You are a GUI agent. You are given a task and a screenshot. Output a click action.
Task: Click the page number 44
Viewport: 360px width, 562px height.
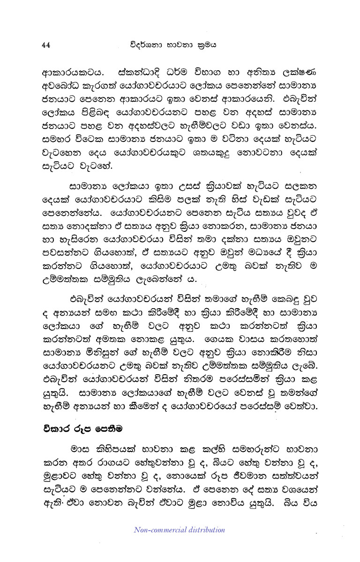45,45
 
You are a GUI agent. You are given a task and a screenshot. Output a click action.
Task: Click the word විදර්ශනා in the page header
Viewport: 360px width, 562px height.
146,45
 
